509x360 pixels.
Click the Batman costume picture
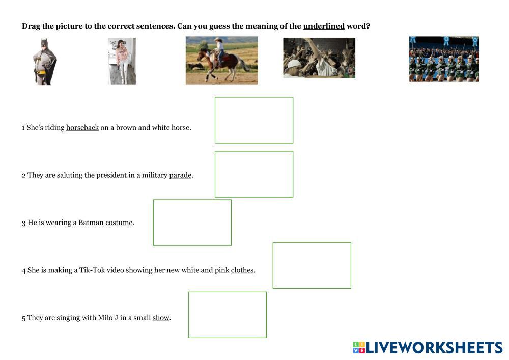point(45,61)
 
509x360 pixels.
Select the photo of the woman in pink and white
point(122,61)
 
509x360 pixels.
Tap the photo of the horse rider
point(222,61)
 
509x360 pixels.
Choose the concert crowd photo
point(319,58)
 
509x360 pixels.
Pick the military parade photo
point(444,59)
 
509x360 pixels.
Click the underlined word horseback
point(82,128)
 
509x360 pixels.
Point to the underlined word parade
point(181,175)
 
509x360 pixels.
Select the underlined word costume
point(119,223)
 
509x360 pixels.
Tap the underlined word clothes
point(242,270)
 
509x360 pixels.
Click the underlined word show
point(161,317)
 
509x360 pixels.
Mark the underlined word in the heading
point(324,26)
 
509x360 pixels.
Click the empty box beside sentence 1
point(254,97)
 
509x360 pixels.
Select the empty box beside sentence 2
point(254,151)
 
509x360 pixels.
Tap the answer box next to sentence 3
point(192,200)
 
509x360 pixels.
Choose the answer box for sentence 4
point(312,243)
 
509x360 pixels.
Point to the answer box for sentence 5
point(227,292)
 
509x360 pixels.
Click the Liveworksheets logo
point(428,347)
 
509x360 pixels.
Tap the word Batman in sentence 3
point(91,223)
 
